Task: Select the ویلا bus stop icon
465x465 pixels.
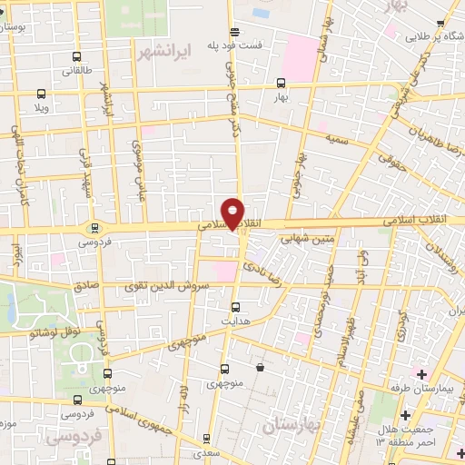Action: (x=41, y=93)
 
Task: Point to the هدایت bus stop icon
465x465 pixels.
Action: (x=236, y=307)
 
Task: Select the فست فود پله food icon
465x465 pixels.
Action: (x=234, y=30)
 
